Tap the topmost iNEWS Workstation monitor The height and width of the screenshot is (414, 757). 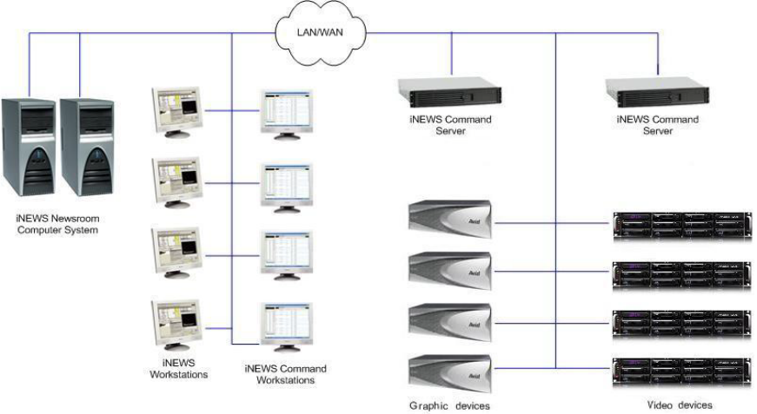[176, 111]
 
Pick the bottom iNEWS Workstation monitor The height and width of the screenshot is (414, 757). [176, 325]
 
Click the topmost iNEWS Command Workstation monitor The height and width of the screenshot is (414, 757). [288, 114]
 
